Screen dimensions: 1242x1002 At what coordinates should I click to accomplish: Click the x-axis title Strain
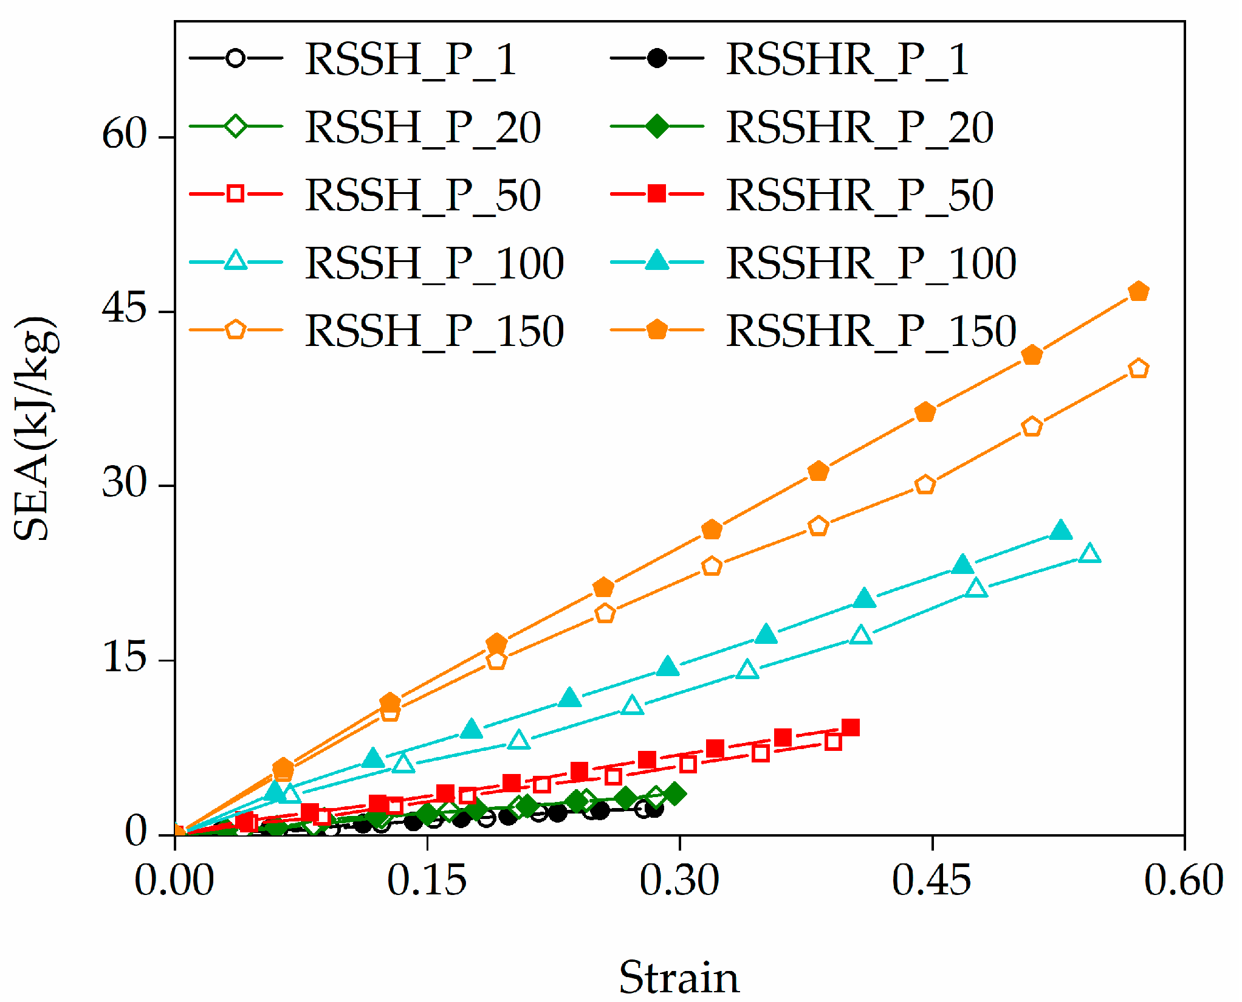679,977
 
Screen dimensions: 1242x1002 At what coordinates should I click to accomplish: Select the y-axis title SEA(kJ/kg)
35,428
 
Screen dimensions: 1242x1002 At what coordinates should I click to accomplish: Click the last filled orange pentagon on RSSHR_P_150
1139,292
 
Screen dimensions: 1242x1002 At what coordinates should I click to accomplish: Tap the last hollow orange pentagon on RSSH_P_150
1139,369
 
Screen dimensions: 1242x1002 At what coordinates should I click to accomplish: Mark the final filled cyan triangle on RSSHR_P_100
1061,531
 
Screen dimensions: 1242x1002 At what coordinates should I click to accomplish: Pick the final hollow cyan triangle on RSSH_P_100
1090,554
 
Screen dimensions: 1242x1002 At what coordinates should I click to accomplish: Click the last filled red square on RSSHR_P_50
851,727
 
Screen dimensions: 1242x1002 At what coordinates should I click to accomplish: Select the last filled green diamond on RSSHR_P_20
674,793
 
